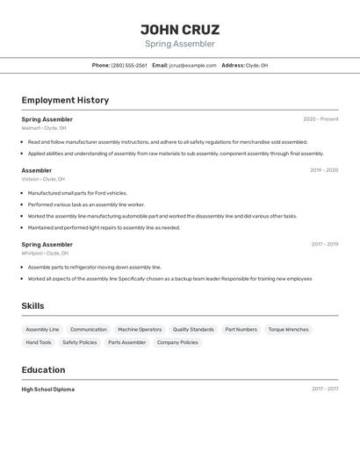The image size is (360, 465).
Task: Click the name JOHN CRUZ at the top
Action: point(180,29)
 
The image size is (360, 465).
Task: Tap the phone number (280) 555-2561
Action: point(129,65)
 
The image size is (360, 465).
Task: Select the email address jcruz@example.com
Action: point(192,65)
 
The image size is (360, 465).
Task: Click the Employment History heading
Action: point(65,100)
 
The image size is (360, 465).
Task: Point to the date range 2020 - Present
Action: point(320,119)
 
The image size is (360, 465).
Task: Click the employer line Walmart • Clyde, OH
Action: point(44,128)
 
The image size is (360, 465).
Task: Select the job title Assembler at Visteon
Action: point(37,170)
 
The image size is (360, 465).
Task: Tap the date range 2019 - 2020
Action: point(324,170)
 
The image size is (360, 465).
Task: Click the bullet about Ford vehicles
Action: point(77,193)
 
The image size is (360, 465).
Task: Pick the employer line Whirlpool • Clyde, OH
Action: point(45,254)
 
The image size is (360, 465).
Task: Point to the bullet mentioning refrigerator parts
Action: point(95,267)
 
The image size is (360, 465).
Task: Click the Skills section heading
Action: point(33,306)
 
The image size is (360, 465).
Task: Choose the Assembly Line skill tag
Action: point(42,330)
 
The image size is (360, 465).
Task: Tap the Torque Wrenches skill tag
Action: point(288,330)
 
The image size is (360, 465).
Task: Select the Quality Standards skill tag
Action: point(193,330)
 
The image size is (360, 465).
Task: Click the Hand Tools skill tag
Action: point(39,342)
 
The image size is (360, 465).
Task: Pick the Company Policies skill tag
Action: point(177,342)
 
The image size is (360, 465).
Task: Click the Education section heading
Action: point(44,370)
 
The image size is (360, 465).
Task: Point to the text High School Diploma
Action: point(48,389)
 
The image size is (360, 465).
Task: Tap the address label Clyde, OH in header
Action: point(256,65)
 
